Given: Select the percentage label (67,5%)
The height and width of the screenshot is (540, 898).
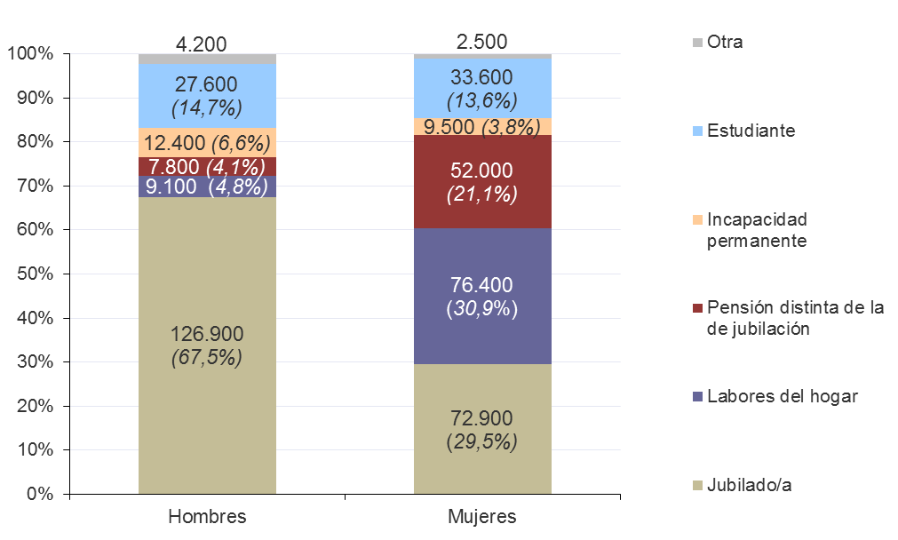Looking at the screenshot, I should pyautogui.click(x=207, y=358).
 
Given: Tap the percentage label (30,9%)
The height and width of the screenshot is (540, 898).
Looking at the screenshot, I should pyautogui.click(x=482, y=309).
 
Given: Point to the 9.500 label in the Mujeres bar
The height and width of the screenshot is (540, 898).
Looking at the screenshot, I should pyautogui.click(x=449, y=127).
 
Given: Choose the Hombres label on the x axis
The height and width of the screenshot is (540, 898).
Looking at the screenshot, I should pyautogui.click(x=207, y=517).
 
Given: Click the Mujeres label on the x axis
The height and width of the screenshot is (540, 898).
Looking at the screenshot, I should pyautogui.click(x=482, y=517).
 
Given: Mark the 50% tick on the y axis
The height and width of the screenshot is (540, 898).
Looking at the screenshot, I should pyautogui.click(x=36, y=274).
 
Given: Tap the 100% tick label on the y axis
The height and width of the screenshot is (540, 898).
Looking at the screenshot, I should pyautogui.click(x=31, y=54).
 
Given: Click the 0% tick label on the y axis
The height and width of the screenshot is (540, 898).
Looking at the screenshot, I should pyautogui.click(x=39, y=495).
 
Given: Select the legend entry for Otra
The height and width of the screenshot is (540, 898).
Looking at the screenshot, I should pyautogui.click(x=724, y=42).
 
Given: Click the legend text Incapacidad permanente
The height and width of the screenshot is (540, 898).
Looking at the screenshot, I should pyautogui.click(x=757, y=230).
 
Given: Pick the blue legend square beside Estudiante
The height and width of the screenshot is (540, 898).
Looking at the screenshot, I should pyautogui.click(x=697, y=131).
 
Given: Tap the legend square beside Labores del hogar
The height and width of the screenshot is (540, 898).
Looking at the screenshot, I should pyautogui.click(x=697, y=397).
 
